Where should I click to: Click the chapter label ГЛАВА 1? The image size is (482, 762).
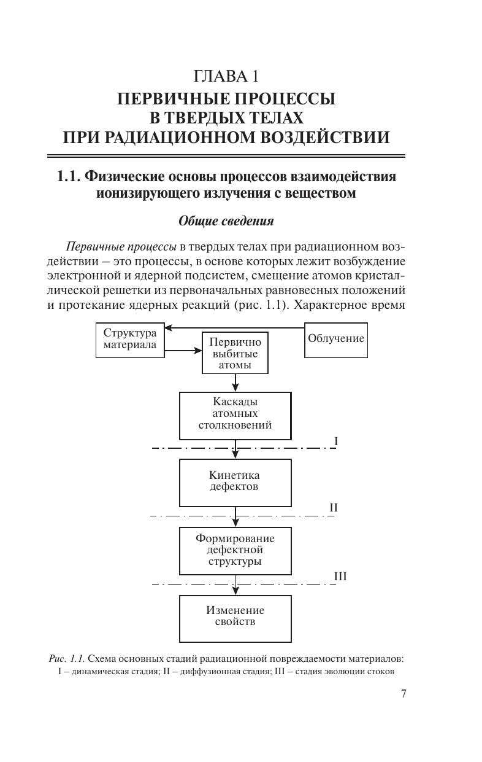225,77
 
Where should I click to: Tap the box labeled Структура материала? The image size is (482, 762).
130,340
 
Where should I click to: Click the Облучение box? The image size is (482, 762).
336,339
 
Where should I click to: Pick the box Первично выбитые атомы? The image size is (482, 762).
235,354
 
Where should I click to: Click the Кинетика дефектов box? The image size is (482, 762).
235,481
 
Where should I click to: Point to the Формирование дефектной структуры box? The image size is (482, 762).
235,550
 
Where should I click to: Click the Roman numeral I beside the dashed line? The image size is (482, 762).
336,441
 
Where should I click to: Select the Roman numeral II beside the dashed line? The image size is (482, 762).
334,508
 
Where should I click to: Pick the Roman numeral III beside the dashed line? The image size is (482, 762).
340,577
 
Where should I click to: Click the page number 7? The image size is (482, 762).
403,694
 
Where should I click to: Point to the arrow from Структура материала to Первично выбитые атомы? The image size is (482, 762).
183,351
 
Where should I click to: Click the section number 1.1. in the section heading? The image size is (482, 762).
69,177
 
